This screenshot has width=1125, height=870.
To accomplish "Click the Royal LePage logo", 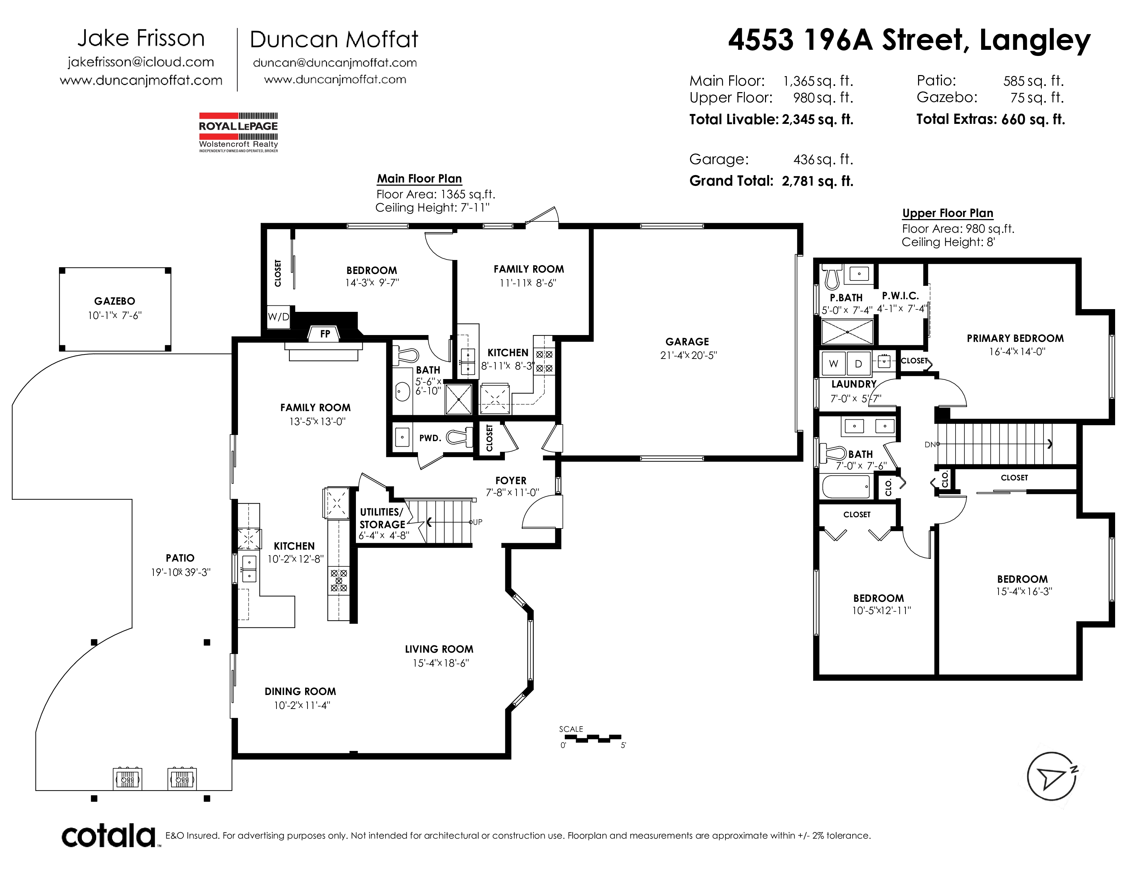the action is click(239, 132).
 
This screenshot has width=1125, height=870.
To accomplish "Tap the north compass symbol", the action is click(1052, 776).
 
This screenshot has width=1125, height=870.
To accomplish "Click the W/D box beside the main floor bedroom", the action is click(278, 317).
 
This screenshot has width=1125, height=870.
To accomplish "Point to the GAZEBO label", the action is click(114, 301).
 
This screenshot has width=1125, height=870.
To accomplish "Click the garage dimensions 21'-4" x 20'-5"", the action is click(688, 356).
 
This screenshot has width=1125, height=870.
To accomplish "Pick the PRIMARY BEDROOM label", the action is click(1015, 339).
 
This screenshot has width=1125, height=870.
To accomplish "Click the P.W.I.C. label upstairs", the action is click(900, 296).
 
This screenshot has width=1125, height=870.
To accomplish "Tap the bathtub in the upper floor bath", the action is click(846, 487).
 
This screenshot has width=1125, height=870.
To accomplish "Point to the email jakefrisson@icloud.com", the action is click(140, 62).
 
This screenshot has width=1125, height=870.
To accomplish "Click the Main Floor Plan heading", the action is click(419, 179).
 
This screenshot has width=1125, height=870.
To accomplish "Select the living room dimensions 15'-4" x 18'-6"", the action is click(441, 663).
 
